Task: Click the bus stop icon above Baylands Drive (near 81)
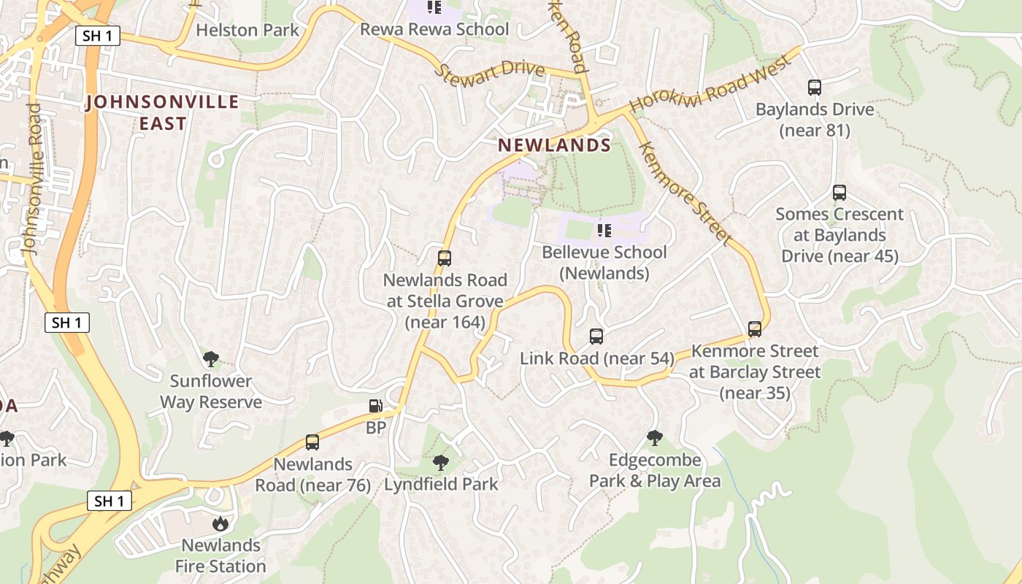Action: (x=815, y=88)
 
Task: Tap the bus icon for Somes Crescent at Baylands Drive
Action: (x=839, y=193)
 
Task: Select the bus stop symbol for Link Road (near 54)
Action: (x=596, y=337)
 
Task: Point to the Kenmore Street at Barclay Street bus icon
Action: (x=755, y=329)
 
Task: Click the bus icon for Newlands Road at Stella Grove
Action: (x=445, y=258)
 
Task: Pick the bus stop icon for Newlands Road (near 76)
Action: (x=312, y=442)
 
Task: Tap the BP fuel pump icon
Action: (x=375, y=406)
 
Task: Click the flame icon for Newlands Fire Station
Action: (x=220, y=523)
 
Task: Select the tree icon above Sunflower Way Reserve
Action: (x=211, y=359)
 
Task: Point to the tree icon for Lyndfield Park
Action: (x=440, y=462)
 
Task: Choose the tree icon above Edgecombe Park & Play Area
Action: (x=655, y=438)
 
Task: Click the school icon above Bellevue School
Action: (x=604, y=231)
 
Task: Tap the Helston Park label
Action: (x=247, y=30)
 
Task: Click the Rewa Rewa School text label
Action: (x=434, y=29)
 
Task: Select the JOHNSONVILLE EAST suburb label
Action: (x=162, y=112)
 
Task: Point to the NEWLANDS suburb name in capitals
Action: (x=554, y=145)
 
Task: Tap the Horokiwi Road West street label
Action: (x=710, y=84)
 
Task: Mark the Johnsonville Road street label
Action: (x=33, y=179)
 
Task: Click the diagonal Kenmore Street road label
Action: (x=684, y=193)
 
